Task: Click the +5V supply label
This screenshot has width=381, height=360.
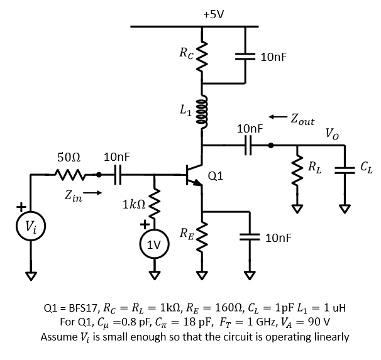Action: [x=214, y=13]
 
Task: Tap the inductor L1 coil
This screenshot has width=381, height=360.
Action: [x=202, y=111]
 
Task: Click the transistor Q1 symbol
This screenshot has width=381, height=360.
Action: [x=196, y=178]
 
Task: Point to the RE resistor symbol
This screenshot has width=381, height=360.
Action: [x=202, y=237]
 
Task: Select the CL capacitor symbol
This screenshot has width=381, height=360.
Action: [x=344, y=168]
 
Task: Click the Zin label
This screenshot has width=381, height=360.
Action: [x=72, y=197]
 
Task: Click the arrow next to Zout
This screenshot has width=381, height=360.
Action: [x=277, y=117]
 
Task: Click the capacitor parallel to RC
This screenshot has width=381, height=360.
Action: [x=245, y=56]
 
